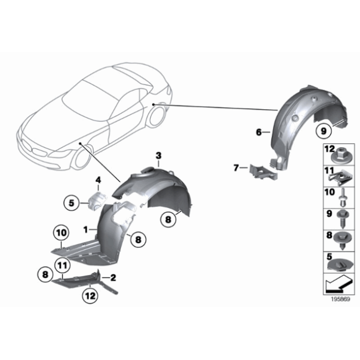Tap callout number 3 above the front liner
pos(158,155)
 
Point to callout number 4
pos(97,181)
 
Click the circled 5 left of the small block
pos(72,202)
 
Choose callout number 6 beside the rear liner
pos(258,132)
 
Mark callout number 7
pos(236,168)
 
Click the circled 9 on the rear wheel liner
pos(322,130)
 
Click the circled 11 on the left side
pos(62,268)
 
